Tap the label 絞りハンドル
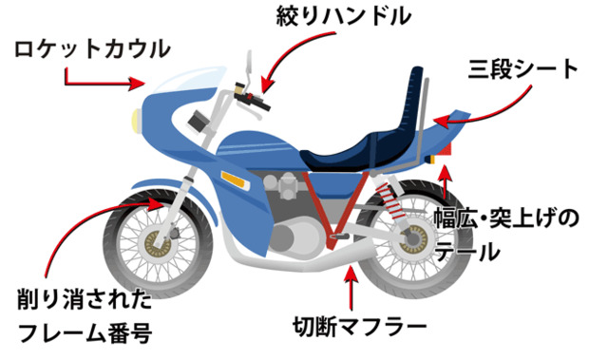[x=343, y=16]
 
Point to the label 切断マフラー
[x=359, y=329]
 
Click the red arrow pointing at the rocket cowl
[x=102, y=83]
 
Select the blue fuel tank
[x=257, y=150]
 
